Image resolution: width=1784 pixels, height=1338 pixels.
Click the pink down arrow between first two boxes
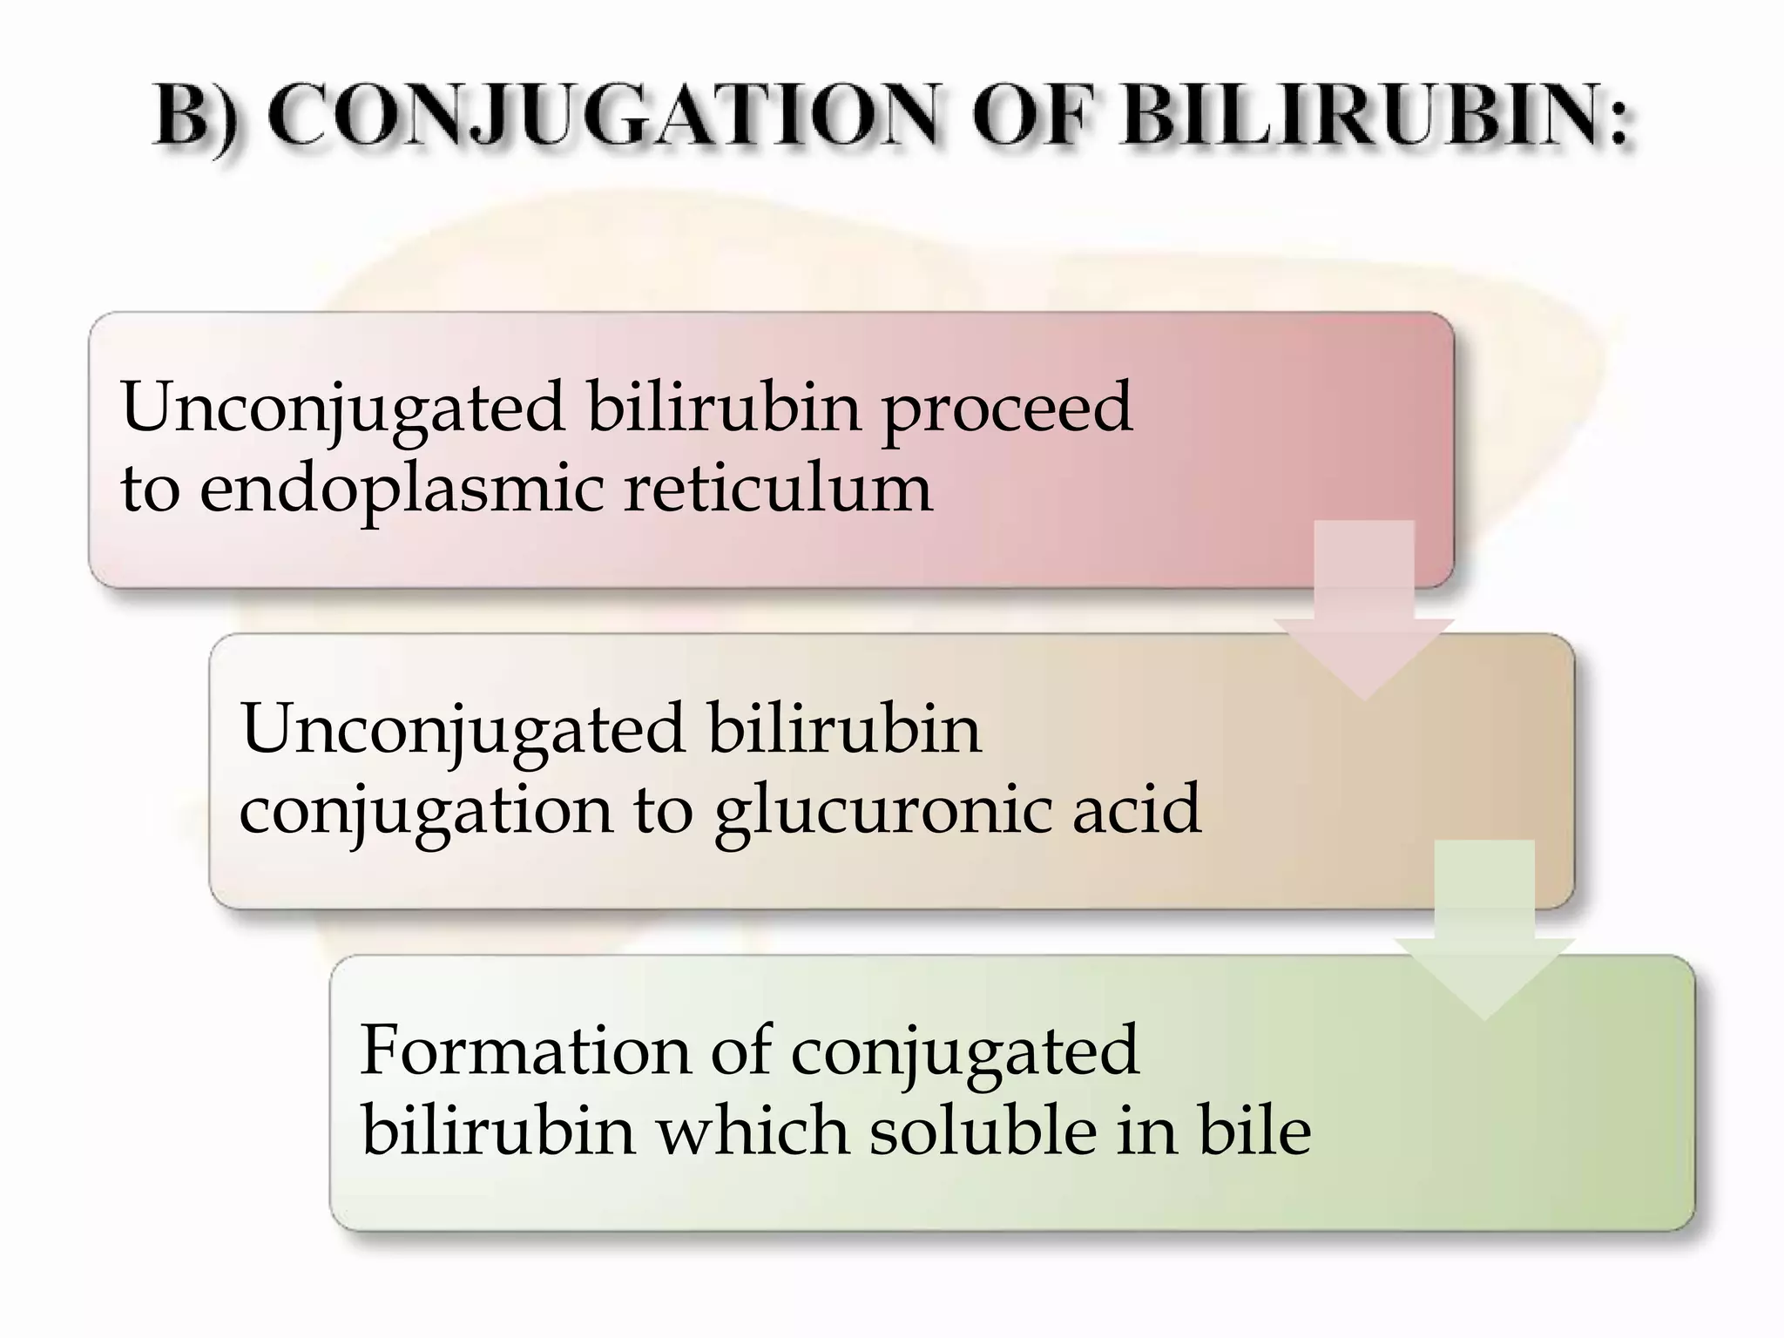pyautogui.click(x=1364, y=610)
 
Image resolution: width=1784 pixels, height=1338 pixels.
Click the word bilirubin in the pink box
pyautogui.click(x=724, y=408)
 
